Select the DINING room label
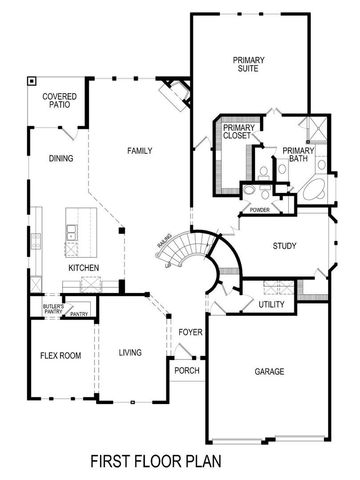click(x=62, y=158)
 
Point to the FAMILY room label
click(x=139, y=150)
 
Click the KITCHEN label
click(x=82, y=268)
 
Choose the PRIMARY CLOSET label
click(x=238, y=134)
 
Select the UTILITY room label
click(x=272, y=304)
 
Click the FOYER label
click(x=190, y=332)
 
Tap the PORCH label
click(x=187, y=371)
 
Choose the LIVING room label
click(x=130, y=352)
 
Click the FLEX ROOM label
click(x=60, y=355)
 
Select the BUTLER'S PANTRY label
click(x=53, y=309)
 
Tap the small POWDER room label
click(x=260, y=210)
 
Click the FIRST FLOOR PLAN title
click(x=180, y=462)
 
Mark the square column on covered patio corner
click(x=32, y=81)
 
